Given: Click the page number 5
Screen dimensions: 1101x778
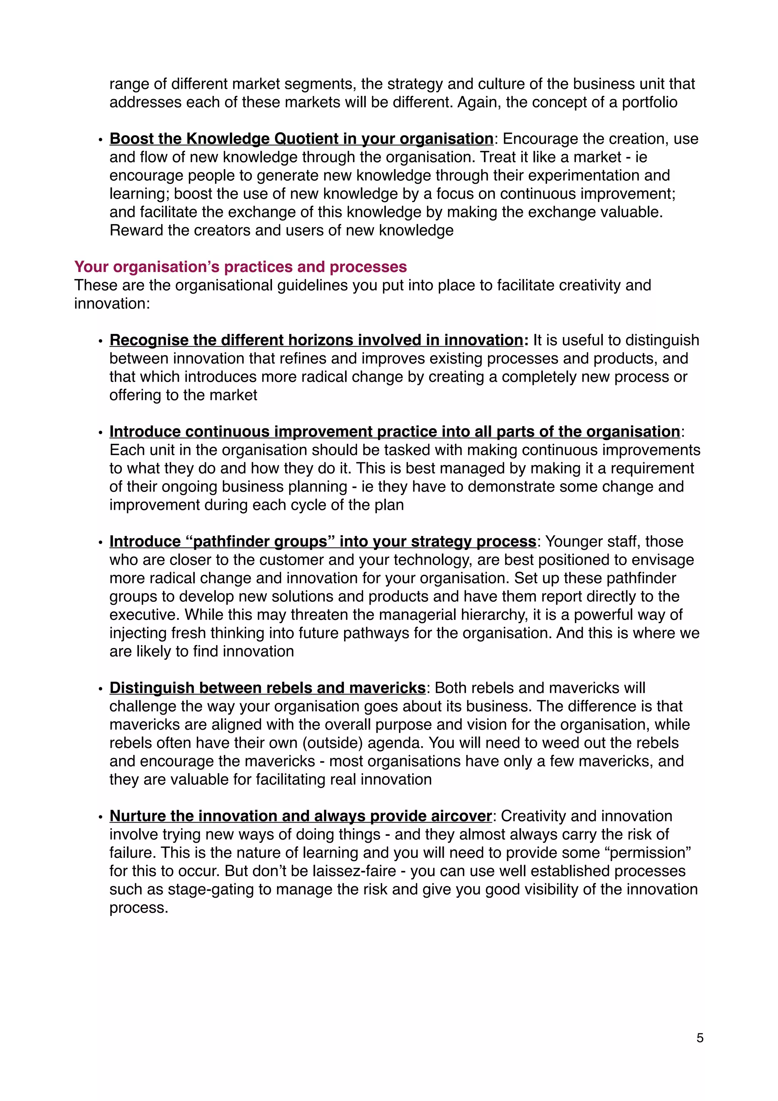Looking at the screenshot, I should click(699, 1038).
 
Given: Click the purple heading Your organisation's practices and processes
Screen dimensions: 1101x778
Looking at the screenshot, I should click(240, 267).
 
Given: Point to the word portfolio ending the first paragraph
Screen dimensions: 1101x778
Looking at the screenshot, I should click(650, 102).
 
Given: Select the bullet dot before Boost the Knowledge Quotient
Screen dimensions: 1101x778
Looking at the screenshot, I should click(100, 140).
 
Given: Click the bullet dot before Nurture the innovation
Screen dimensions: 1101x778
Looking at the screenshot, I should click(100, 817).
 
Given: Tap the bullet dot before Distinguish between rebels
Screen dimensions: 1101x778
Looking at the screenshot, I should click(100, 689).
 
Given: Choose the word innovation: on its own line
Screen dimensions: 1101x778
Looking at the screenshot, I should click(112, 304).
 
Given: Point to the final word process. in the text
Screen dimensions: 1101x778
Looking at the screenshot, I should click(139, 908).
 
